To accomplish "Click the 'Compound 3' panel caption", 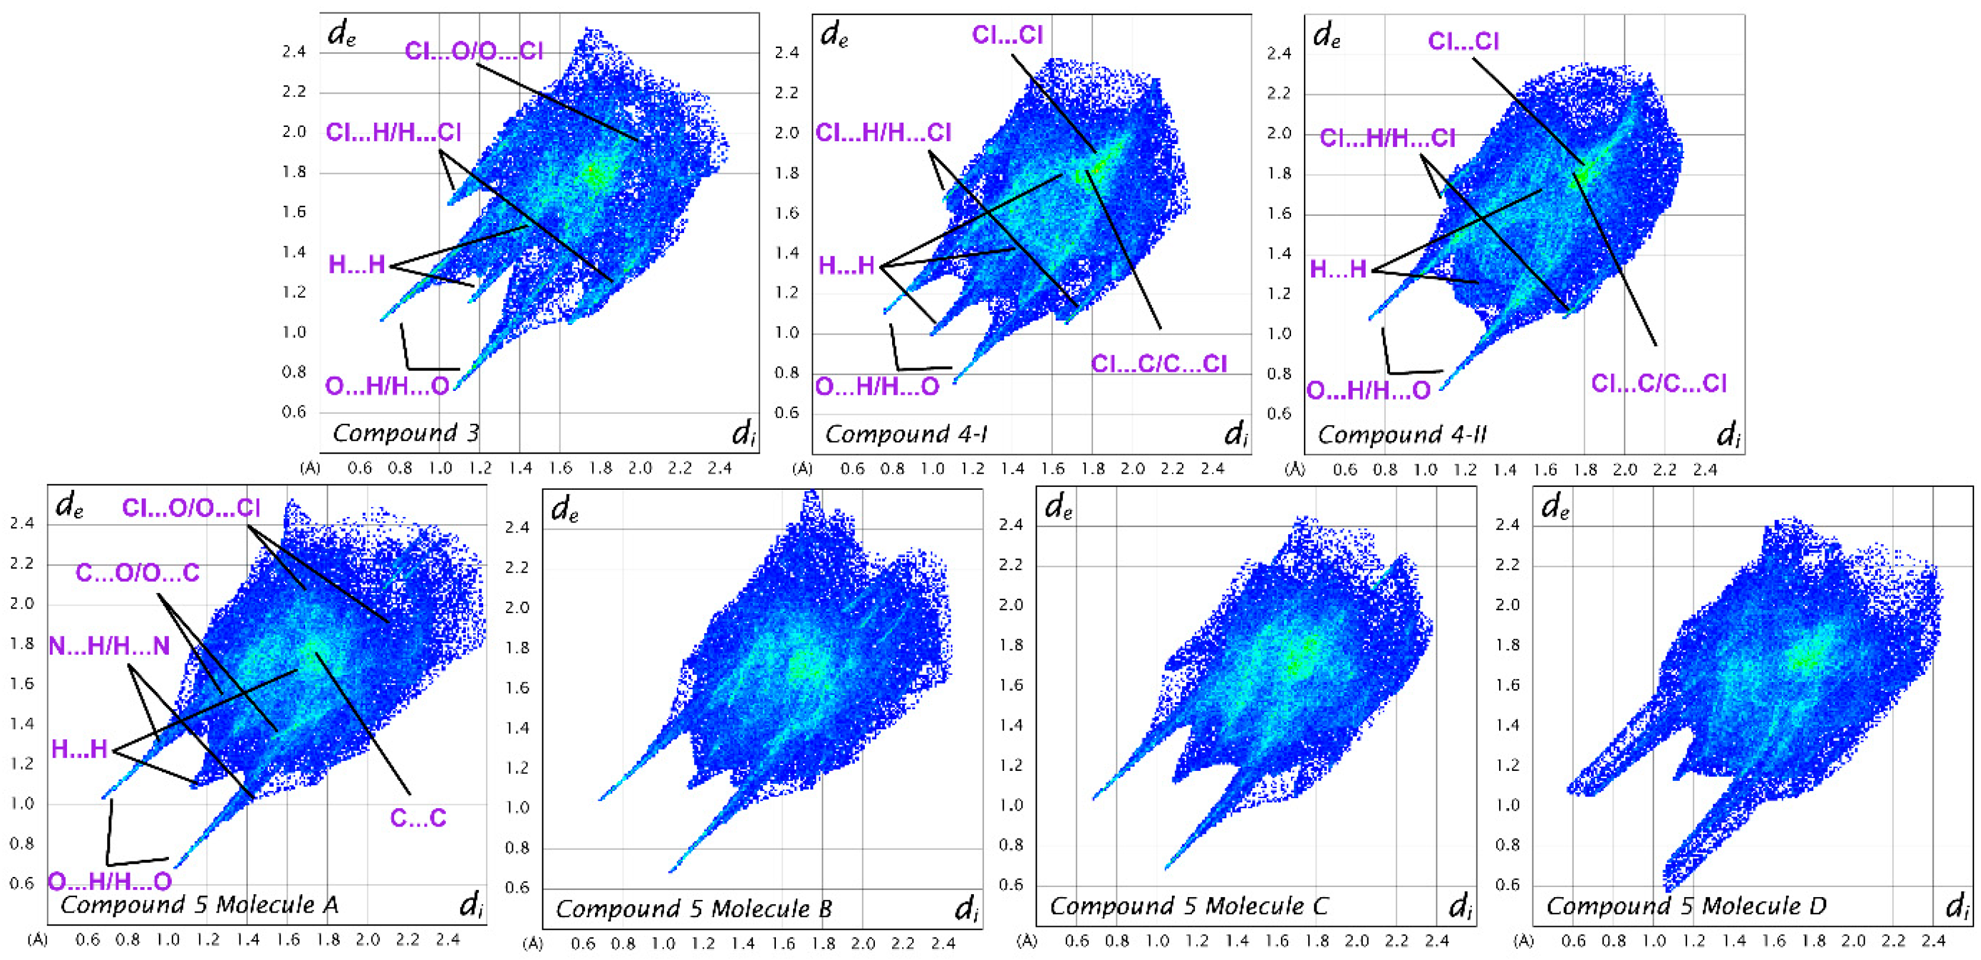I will click(x=405, y=433).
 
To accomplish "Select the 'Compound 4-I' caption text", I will click(x=906, y=435).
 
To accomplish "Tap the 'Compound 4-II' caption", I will click(x=1401, y=435).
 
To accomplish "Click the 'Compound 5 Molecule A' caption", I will click(x=199, y=905).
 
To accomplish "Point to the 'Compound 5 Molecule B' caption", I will click(x=694, y=909).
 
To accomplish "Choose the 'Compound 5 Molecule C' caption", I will click(x=1189, y=907).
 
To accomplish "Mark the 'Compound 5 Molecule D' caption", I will click(x=1686, y=907).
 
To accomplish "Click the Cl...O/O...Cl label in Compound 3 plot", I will click(x=474, y=52).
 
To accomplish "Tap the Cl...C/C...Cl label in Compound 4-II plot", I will click(x=1659, y=383).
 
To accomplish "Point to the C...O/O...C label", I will click(x=138, y=573).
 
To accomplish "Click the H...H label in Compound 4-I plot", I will click(x=846, y=266).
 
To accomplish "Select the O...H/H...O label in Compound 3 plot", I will click(x=387, y=386).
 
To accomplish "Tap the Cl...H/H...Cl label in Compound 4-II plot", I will click(x=1387, y=139).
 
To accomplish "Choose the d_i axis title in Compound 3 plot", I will click(x=743, y=435).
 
